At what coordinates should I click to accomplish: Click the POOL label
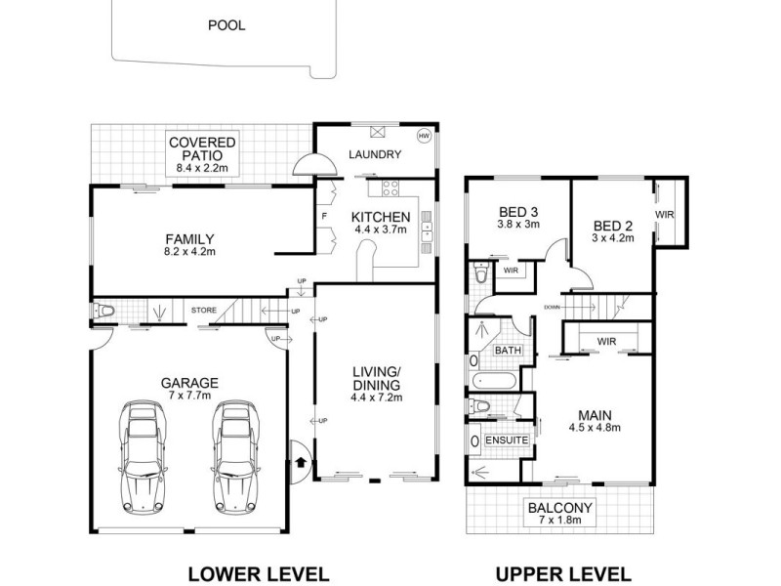pos(226,25)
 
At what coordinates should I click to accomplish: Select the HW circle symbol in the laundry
pos(424,136)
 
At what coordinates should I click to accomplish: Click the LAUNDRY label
pos(375,155)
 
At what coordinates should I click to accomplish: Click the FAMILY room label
pos(189,239)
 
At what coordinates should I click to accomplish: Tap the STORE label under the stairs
pos(203,312)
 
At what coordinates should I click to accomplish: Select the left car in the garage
pos(141,456)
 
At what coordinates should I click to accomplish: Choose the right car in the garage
pos(234,456)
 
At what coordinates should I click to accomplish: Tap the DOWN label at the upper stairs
pos(579,306)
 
